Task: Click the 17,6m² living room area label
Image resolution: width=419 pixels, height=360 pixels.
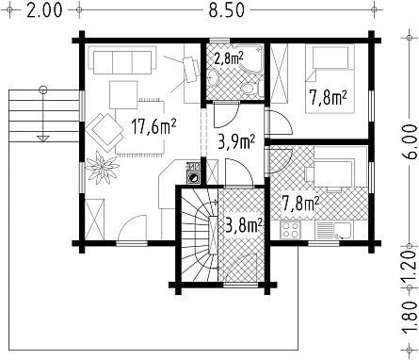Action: point(153,126)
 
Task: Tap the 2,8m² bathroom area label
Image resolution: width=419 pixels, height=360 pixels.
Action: point(229,57)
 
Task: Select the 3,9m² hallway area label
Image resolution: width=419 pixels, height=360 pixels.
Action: point(236,141)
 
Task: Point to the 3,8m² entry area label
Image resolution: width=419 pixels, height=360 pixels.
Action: point(244,225)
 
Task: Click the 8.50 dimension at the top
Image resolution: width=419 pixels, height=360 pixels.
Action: point(227,10)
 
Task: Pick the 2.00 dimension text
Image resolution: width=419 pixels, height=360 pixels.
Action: point(44,10)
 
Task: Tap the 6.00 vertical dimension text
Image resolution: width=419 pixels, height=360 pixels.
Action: point(410,142)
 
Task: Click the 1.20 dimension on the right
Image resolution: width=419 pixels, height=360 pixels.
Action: point(410,267)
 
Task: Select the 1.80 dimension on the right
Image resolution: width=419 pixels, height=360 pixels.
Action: point(410,319)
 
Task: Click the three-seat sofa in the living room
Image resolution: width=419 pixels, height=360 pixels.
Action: point(122,60)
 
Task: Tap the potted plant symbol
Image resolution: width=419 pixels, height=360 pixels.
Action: point(103,167)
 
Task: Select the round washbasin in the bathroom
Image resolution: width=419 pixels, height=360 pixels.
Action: point(213,77)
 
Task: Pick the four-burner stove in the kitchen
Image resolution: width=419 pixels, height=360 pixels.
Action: point(290,230)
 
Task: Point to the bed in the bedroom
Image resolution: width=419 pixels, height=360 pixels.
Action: point(330,78)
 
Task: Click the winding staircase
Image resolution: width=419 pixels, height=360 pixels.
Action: point(199,235)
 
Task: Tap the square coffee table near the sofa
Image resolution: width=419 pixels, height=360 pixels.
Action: point(123,94)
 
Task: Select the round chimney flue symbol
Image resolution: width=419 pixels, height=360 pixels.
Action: point(194,178)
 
